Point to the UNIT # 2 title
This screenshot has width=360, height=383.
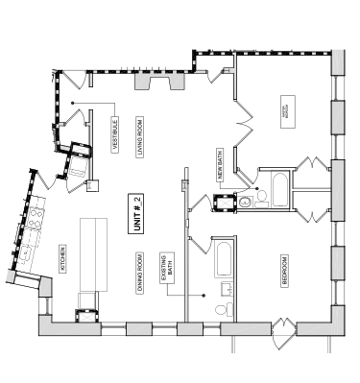tap(137, 212)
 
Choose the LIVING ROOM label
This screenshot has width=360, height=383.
tap(140, 138)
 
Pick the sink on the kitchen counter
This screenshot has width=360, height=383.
tap(27, 251)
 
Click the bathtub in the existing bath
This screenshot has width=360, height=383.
tap(223, 257)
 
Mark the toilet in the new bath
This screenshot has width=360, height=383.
tap(263, 199)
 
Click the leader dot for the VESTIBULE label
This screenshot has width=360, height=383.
tap(71, 102)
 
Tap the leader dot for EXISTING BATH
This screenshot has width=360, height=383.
tap(205, 294)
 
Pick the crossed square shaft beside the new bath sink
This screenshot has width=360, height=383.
tap(228, 203)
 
